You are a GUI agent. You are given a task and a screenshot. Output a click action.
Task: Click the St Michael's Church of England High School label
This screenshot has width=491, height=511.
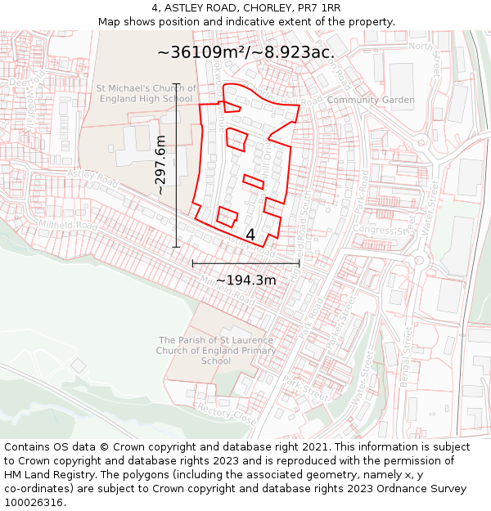point(146,93)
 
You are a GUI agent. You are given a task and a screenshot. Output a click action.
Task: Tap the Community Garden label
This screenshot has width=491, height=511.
point(371,100)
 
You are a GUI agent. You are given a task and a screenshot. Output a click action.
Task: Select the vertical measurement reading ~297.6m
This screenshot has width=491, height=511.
point(160,164)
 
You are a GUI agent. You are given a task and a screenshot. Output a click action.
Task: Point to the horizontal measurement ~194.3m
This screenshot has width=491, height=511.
point(245,280)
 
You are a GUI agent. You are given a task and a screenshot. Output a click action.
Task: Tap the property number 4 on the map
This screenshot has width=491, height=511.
point(250,235)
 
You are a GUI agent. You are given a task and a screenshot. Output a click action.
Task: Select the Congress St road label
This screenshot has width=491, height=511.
point(380,231)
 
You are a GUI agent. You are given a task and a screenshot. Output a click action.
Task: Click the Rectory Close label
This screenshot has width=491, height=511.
point(227,414)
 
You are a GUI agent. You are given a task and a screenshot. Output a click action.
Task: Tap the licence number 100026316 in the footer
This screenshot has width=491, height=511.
point(34,502)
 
